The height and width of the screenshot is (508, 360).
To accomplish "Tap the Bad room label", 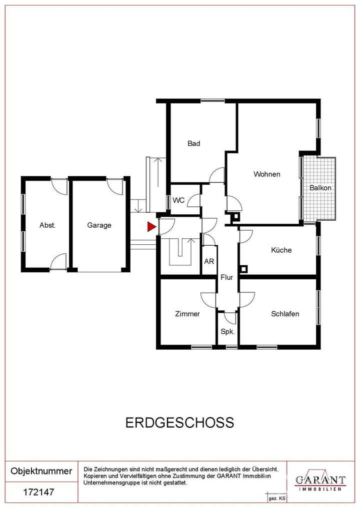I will [x=194, y=143].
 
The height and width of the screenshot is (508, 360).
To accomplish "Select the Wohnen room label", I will [x=266, y=174].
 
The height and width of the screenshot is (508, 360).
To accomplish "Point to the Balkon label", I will [x=320, y=188].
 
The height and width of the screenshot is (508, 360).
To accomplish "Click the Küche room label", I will [x=281, y=250].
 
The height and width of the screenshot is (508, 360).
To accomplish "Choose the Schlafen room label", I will [x=285, y=314].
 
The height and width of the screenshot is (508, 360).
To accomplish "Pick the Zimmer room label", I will [x=187, y=314].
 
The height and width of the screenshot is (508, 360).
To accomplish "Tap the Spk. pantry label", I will [x=228, y=331].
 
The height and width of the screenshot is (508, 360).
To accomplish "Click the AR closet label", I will [x=209, y=261].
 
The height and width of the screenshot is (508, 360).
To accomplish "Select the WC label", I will [x=178, y=200].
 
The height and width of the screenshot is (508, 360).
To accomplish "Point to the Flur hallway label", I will [x=228, y=277].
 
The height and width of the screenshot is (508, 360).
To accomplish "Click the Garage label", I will [x=99, y=225].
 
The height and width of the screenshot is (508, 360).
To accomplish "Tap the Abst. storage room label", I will [x=47, y=225].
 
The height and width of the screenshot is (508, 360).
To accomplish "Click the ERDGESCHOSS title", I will [x=179, y=423].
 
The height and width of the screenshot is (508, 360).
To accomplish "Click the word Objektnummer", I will [x=41, y=471].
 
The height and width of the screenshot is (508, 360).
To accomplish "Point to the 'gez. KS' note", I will [x=277, y=499].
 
